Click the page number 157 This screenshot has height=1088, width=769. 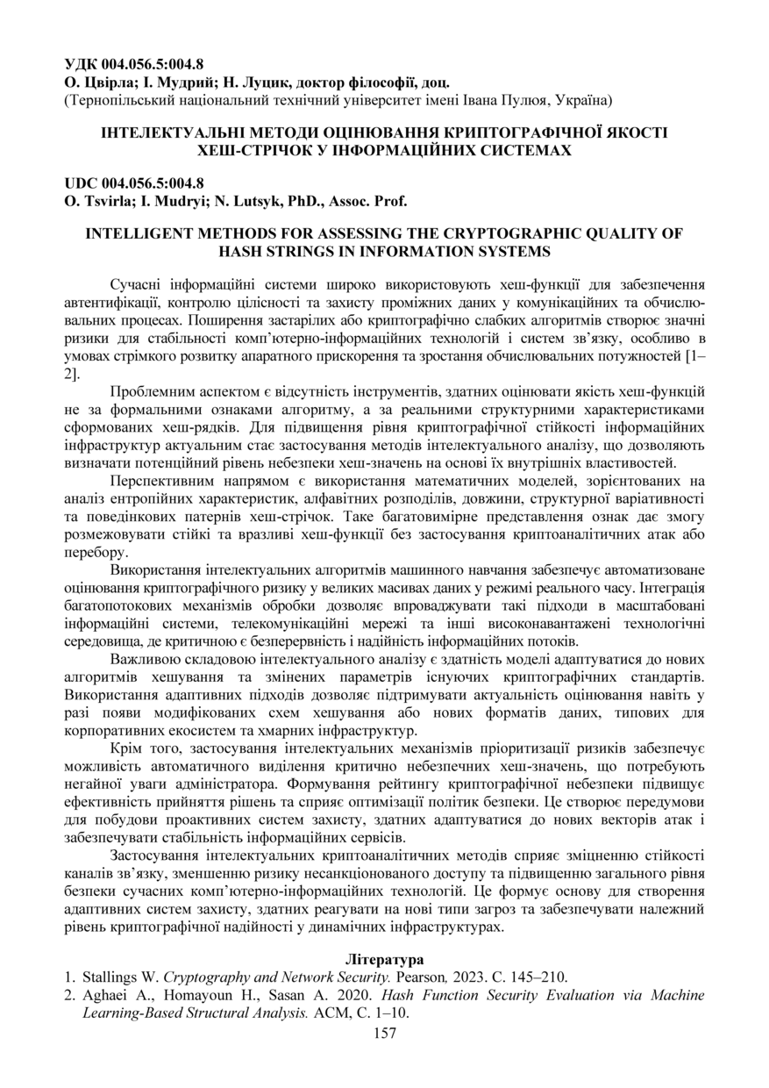coord(384,1033)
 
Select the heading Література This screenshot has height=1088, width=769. coord(384,959)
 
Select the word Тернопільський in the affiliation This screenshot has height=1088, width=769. coord(117,101)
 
